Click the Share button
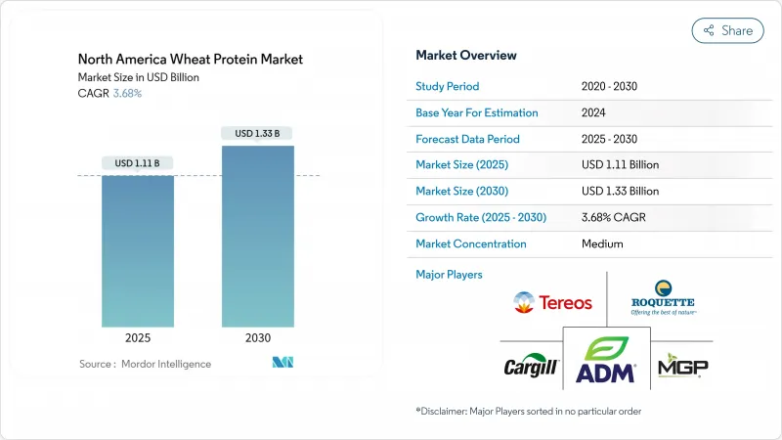[727, 30]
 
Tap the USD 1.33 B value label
[258, 133]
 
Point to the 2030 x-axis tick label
[258, 338]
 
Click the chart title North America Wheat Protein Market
[191, 60]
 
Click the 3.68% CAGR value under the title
[126, 94]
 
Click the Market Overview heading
[466, 56]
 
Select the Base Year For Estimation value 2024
[594, 112]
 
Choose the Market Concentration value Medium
[601, 243]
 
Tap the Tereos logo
[552, 302]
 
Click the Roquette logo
[662, 297]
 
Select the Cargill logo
[530, 368]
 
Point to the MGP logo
[682, 367]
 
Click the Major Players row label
[449, 275]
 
